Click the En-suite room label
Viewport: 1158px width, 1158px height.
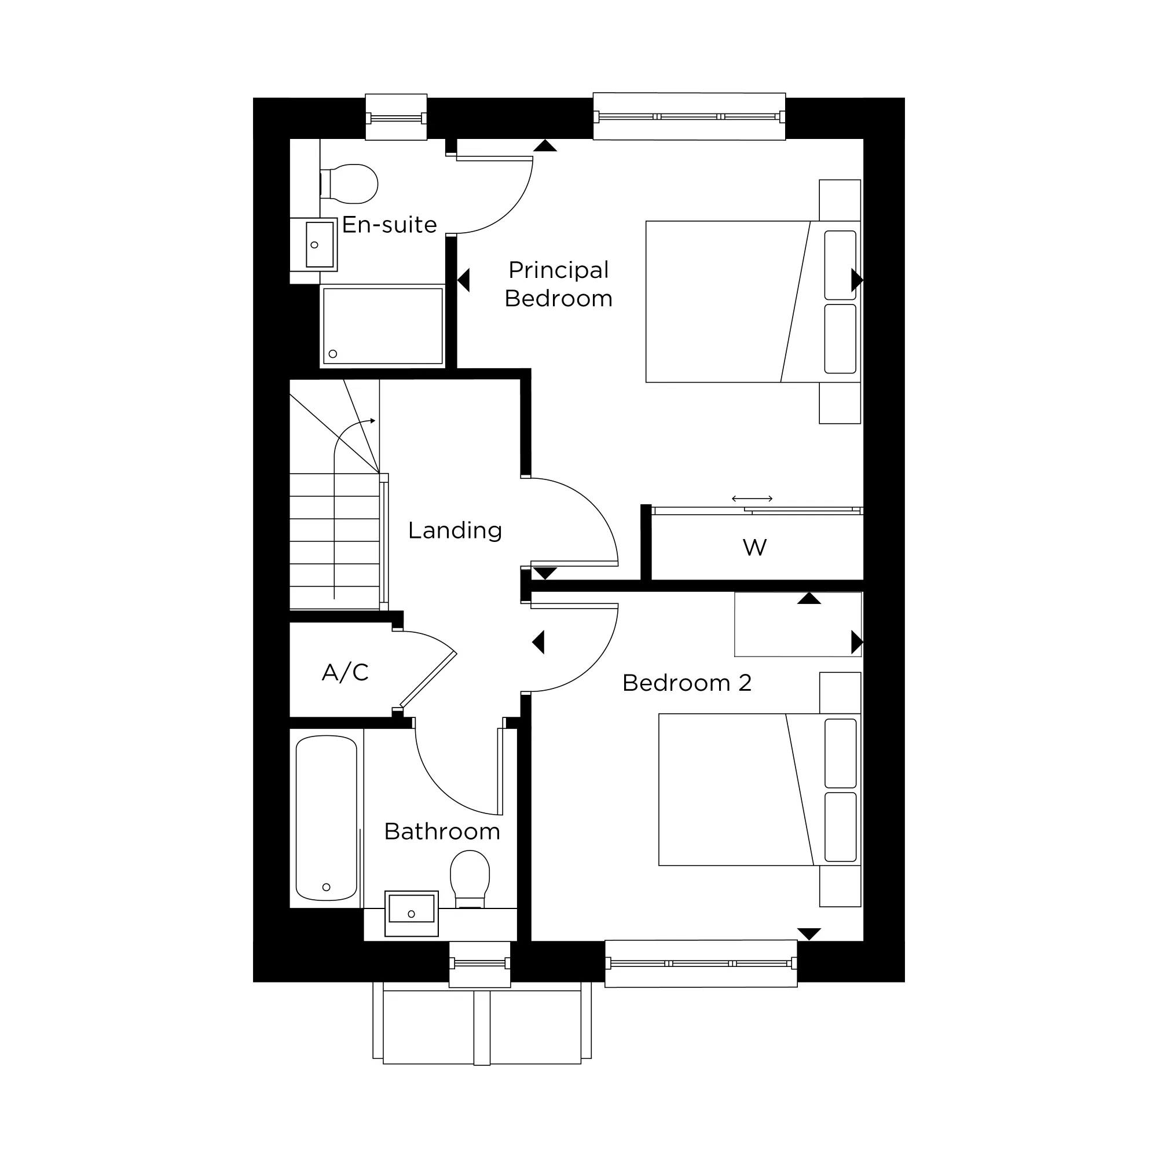tap(389, 225)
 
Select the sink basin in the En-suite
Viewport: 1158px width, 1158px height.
tap(320, 244)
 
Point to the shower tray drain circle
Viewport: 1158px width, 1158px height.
tap(334, 354)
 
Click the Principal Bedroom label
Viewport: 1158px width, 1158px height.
tap(558, 284)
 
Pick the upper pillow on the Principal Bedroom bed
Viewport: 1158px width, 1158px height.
tap(840, 265)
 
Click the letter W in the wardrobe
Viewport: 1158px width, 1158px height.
tap(754, 547)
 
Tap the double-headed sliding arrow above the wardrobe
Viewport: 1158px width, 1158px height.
tap(752, 499)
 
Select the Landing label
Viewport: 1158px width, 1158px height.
tap(455, 530)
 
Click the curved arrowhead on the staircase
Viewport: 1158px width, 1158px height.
tap(372, 421)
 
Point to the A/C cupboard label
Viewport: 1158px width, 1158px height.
tap(345, 672)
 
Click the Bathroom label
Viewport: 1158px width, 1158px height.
tap(442, 831)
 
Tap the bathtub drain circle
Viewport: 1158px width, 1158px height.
tap(327, 887)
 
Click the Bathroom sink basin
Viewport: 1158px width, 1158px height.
tap(411, 909)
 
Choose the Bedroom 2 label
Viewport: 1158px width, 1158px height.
tap(687, 683)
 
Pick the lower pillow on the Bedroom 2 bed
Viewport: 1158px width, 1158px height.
tap(840, 827)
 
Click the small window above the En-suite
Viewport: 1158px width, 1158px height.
tap(396, 118)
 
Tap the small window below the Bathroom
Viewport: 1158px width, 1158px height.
tap(479, 963)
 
